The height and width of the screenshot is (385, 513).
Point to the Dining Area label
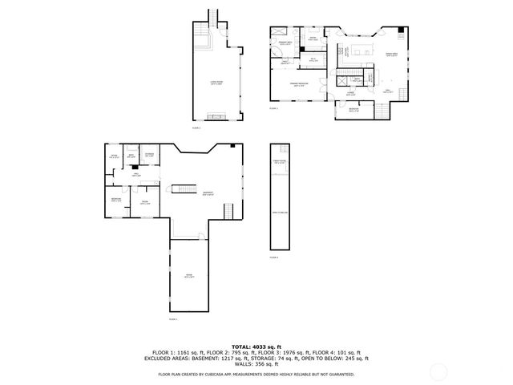pyautogui.click(x=393, y=55)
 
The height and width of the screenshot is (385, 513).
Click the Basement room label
pyautogui.click(x=208, y=193)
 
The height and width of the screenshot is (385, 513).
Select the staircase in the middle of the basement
pyautogui.click(x=184, y=188)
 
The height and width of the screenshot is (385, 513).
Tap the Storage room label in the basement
pyautogui.click(x=149, y=155)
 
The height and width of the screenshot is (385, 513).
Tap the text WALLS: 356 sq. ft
pyautogui.click(x=256, y=366)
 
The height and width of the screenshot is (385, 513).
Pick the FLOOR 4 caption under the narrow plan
pyautogui.click(x=274, y=257)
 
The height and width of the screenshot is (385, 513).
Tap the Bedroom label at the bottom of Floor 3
pyautogui.click(x=353, y=109)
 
